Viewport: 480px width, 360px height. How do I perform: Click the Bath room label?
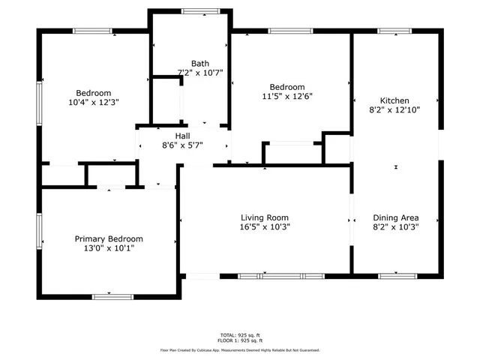(x=200, y=64)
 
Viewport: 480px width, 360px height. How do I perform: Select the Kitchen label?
(x=394, y=100)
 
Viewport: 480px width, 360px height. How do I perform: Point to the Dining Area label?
(x=394, y=217)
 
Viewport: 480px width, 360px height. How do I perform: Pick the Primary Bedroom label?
(x=109, y=238)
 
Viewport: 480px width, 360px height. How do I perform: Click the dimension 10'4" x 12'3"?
(x=94, y=102)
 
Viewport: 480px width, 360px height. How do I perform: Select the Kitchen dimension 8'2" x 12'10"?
(x=394, y=109)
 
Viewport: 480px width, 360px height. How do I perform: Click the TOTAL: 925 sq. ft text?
(x=239, y=334)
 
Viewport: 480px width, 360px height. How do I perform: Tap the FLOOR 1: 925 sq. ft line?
(x=239, y=340)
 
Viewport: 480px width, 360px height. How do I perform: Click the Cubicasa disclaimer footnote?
(x=239, y=350)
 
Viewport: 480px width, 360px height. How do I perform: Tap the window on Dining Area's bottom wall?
(x=397, y=275)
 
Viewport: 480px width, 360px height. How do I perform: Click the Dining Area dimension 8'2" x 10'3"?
(x=394, y=226)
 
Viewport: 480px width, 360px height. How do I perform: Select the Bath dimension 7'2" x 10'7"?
(x=200, y=73)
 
